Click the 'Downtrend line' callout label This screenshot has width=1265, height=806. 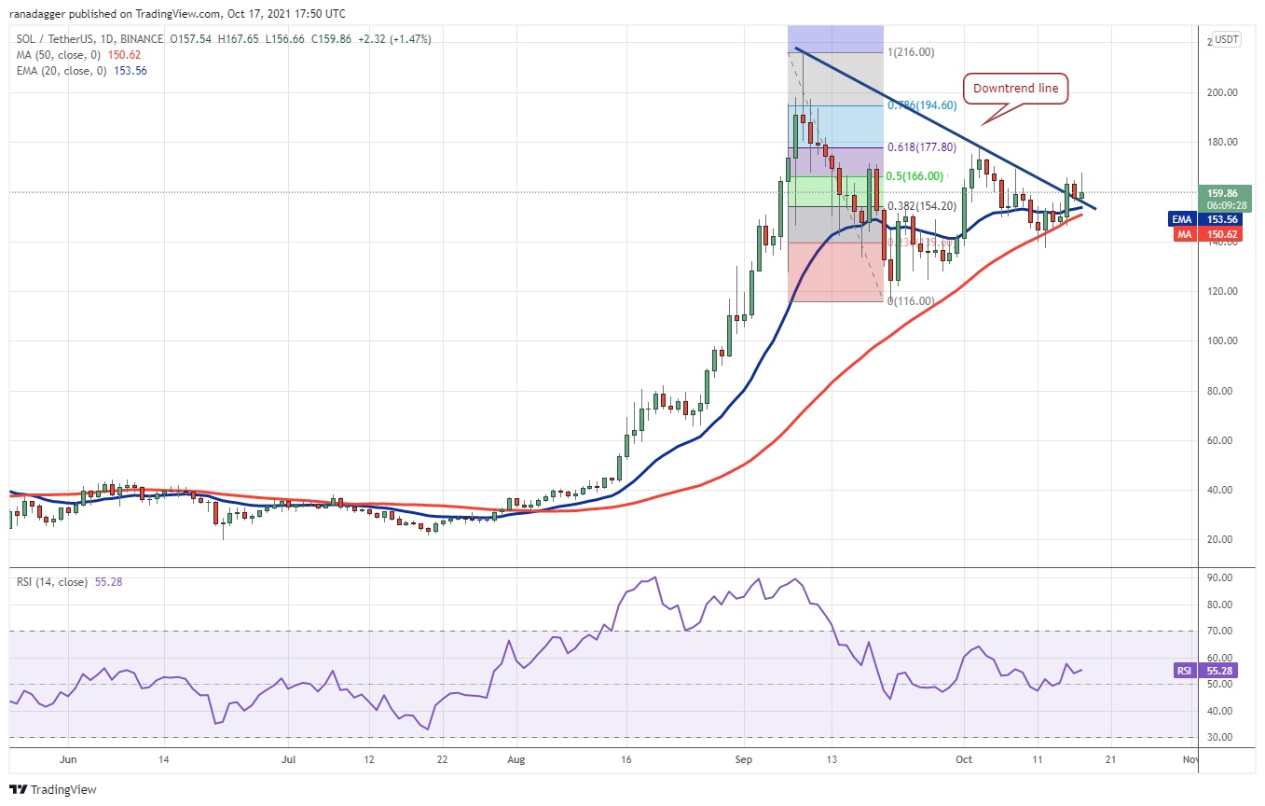1016,90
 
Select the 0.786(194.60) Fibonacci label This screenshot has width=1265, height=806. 923,105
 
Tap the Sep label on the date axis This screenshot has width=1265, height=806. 743,759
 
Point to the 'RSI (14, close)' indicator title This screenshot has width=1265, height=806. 52,582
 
